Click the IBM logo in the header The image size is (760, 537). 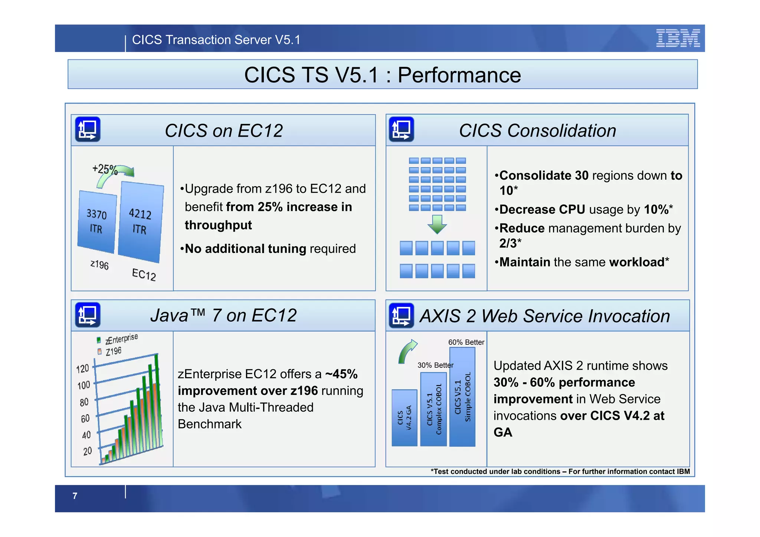tap(678, 38)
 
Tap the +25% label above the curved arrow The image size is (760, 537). tap(104, 169)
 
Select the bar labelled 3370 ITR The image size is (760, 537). tap(96, 222)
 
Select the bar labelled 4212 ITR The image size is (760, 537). tap(140, 222)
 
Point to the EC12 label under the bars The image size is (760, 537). tap(144, 274)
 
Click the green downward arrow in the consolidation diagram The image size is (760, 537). tap(437, 224)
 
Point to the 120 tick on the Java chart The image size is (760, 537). tap(82, 369)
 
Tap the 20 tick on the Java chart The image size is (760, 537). tap(87, 451)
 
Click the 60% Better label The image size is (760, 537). tap(466, 342)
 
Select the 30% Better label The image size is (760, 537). tap(435, 365)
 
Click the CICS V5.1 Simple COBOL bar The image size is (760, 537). tap(462, 397)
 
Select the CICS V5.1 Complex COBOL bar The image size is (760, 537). tap(433, 409)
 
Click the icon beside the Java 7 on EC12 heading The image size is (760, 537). tap(88, 315)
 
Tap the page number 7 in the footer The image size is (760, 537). tap(75, 496)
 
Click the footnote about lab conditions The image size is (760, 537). tap(560, 471)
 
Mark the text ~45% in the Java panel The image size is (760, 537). tap(341, 374)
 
